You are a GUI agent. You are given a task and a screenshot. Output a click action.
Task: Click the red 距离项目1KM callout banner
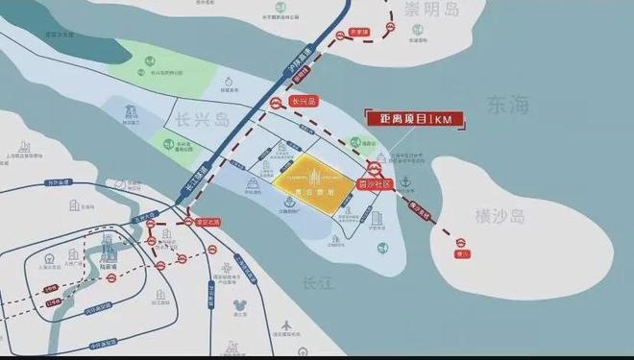click(x=414, y=119)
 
